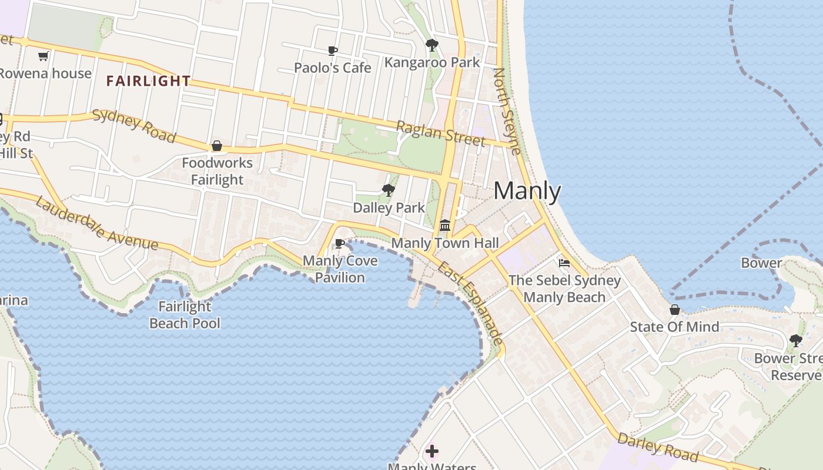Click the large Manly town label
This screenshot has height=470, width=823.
point(527,192)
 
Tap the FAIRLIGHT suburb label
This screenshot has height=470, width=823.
point(149,81)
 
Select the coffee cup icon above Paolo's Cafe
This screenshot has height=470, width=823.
point(332,51)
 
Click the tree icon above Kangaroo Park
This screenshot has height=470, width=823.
point(432,45)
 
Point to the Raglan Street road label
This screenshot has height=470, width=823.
point(440,134)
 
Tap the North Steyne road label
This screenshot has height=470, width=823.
point(507,111)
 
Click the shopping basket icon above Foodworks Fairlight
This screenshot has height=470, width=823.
point(217,146)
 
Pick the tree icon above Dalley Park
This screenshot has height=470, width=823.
point(388,190)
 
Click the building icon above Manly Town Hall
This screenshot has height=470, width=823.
point(445,226)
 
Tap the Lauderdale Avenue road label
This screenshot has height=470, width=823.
point(96,223)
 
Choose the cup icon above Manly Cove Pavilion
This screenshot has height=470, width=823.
point(339,243)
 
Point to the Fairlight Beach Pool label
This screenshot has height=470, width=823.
point(185,315)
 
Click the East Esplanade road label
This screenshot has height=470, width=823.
point(471,303)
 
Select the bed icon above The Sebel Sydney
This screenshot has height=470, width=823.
point(564,263)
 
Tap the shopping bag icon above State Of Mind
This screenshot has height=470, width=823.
point(675,310)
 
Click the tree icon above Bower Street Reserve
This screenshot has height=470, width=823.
point(796,340)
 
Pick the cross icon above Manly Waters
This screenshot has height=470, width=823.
point(432,451)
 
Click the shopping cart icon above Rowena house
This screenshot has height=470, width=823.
point(43,56)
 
